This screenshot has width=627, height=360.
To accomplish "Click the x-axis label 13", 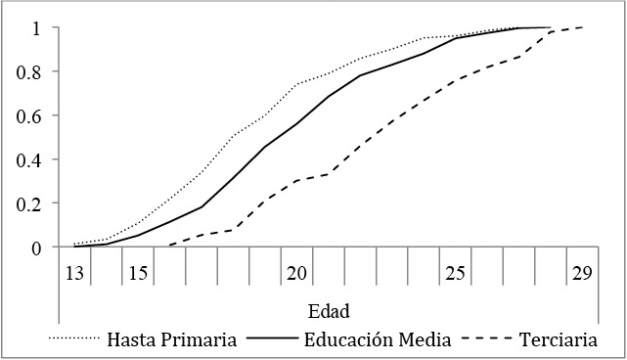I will pyautogui.click(x=74, y=273).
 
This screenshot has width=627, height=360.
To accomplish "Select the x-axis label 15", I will pyautogui.click(x=138, y=273).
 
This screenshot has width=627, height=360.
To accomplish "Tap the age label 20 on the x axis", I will pyautogui.click(x=296, y=273).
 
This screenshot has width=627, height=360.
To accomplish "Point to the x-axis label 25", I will pyautogui.click(x=455, y=273).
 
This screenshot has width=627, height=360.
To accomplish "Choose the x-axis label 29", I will pyautogui.click(x=582, y=273).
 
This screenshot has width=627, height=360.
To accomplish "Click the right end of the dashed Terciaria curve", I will pyautogui.click(x=583, y=27).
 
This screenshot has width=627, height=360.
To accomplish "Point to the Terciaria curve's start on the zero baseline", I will pyautogui.click(x=169, y=247).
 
